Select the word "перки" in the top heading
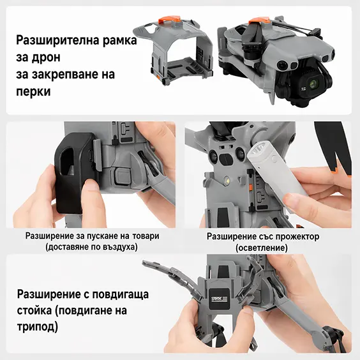33,92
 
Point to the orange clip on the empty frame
170,20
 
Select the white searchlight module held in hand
274,170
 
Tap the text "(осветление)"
262,248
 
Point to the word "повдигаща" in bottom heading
119,294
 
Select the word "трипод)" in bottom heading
38,327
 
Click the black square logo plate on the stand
219,299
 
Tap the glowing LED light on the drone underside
227,179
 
